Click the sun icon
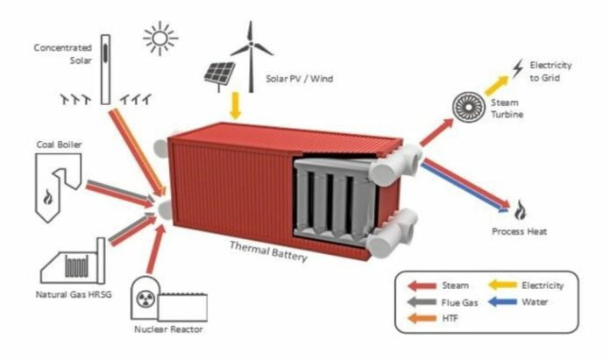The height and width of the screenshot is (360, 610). pos(160,39)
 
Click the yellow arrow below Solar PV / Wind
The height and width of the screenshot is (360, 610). pos(234,107)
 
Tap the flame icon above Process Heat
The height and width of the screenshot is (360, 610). pos(520,210)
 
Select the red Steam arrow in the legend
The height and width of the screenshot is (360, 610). pos(425,286)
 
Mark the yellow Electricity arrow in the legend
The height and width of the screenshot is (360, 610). pos(506,286)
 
